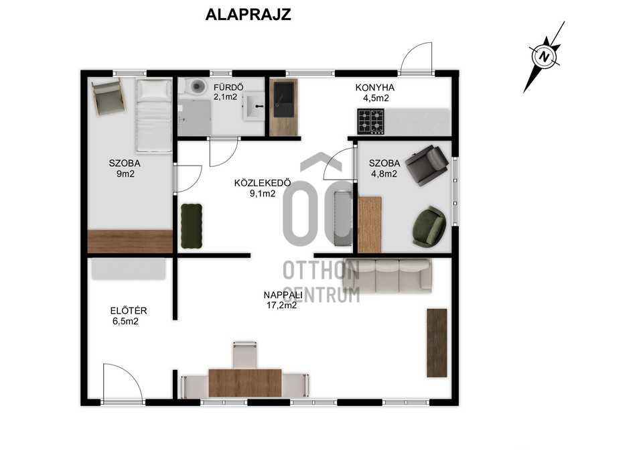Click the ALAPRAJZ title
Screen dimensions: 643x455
248,14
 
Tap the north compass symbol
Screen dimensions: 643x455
545,56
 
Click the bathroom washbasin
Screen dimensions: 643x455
255,107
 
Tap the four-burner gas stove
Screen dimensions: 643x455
370,121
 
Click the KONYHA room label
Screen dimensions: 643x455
375,87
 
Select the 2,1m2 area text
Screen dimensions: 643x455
225,97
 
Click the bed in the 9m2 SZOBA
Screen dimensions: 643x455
154,115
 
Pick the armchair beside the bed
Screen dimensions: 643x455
109,96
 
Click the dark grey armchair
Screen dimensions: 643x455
427,165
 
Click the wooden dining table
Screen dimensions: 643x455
245,383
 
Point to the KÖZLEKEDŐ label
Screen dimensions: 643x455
263,182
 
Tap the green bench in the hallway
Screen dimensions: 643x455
192,226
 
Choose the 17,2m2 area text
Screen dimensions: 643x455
282,306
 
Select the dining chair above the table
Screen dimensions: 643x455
245,354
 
